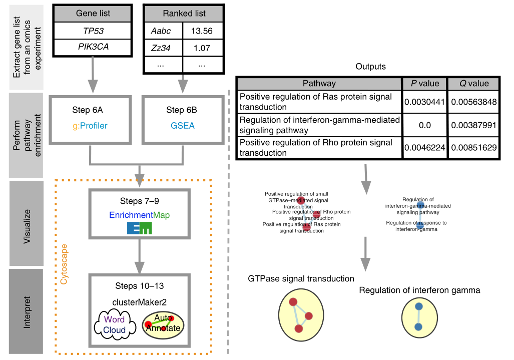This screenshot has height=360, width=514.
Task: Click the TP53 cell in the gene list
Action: (93, 31)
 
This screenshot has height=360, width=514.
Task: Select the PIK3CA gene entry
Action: (93, 48)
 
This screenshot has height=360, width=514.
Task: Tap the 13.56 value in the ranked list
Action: (202, 31)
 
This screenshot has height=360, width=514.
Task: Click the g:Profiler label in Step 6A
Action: (93, 126)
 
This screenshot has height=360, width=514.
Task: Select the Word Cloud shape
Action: (114, 324)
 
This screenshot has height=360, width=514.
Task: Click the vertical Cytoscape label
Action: (64, 265)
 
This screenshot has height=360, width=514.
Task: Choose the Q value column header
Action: (473, 84)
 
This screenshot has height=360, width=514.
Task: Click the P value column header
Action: (424, 84)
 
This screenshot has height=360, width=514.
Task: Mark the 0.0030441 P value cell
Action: (424, 102)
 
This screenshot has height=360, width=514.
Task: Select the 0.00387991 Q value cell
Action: (473, 125)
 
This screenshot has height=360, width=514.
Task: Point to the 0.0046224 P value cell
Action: (424, 148)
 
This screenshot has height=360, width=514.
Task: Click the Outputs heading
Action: (370, 67)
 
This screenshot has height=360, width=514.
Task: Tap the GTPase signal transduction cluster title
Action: (301, 279)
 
